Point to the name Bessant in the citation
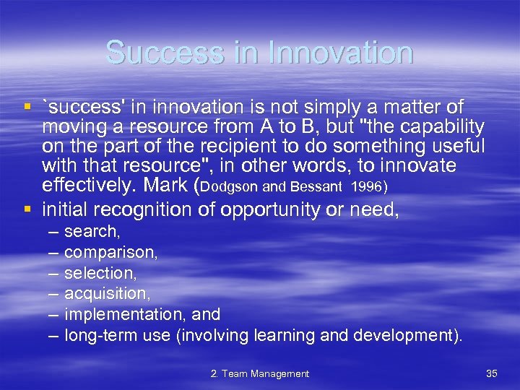tap(316, 187)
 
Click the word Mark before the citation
tap(165, 186)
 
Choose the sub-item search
tap(92, 232)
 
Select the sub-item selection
tap(100, 274)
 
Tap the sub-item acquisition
tap(106, 294)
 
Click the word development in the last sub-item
tap(404, 335)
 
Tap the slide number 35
tap(492, 373)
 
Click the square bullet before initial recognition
tap(27, 209)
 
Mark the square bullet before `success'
tap(27, 107)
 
